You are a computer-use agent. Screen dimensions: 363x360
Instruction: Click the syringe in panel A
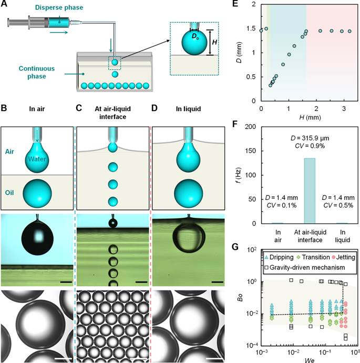pyautogui.click(x=42, y=22)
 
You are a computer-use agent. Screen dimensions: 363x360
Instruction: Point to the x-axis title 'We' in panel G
pyautogui.click(x=306, y=359)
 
